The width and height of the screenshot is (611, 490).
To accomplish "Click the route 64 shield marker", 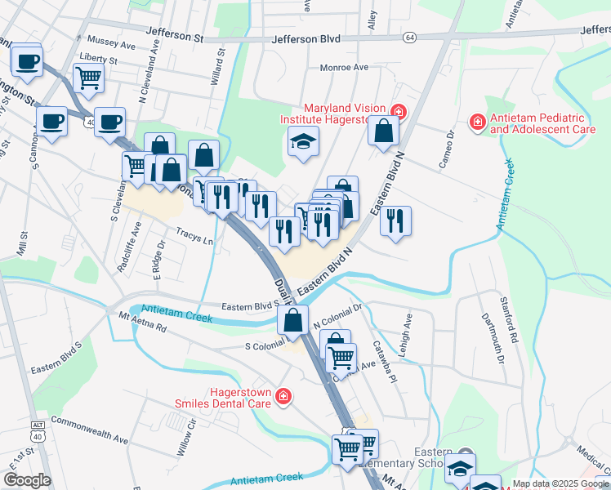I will click(x=409, y=38).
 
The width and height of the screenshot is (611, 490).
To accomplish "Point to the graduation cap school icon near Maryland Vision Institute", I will click(x=303, y=142).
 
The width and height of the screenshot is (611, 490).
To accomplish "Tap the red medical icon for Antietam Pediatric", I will click(x=476, y=122).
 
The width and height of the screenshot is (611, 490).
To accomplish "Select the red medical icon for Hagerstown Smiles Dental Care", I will click(x=283, y=397).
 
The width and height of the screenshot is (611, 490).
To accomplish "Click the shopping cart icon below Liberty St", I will click(x=88, y=78).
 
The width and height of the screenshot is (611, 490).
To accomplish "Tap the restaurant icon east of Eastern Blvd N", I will click(x=395, y=220).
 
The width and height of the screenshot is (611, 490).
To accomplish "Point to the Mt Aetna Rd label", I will click(x=142, y=322).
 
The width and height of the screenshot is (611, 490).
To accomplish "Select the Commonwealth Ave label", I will click(x=89, y=430).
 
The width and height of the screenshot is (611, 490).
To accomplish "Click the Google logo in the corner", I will click(x=26, y=480).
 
